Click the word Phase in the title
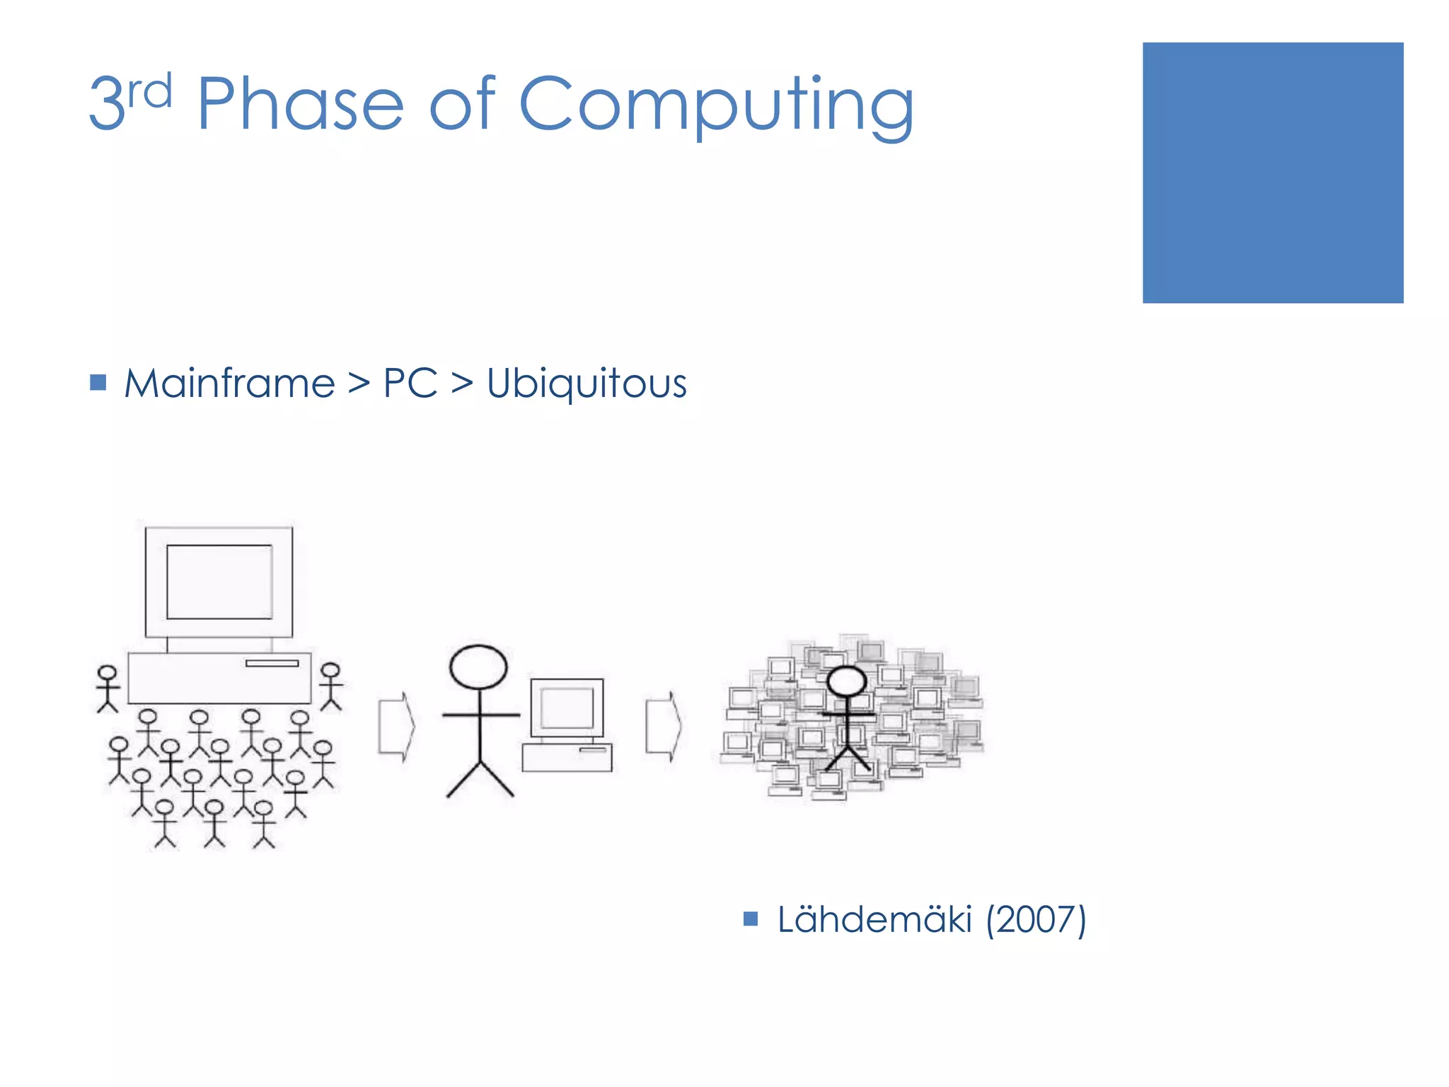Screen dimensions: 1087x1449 (x=300, y=105)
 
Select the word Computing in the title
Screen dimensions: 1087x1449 (x=716, y=106)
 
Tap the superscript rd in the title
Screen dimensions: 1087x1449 (x=150, y=92)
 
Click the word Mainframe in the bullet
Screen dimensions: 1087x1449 (x=229, y=384)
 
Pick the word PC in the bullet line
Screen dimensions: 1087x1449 (x=410, y=384)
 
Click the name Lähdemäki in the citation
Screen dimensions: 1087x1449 (x=874, y=920)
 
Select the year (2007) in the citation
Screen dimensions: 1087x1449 (x=1036, y=920)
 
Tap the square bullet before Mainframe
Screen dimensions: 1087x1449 (x=98, y=383)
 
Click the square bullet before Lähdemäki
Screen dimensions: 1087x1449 (x=751, y=919)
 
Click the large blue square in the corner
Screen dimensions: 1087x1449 (x=1272, y=173)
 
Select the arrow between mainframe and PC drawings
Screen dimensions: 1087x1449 (x=396, y=727)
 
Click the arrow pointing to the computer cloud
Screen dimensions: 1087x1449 (x=663, y=727)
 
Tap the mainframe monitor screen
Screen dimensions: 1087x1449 (x=219, y=582)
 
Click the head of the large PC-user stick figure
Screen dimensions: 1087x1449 (x=479, y=667)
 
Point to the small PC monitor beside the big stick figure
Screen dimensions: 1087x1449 (x=567, y=707)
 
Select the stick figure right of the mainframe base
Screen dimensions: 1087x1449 (x=330, y=686)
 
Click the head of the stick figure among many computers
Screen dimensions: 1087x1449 (x=846, y=681)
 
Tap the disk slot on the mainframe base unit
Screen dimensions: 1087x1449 (x=272, y=663)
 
